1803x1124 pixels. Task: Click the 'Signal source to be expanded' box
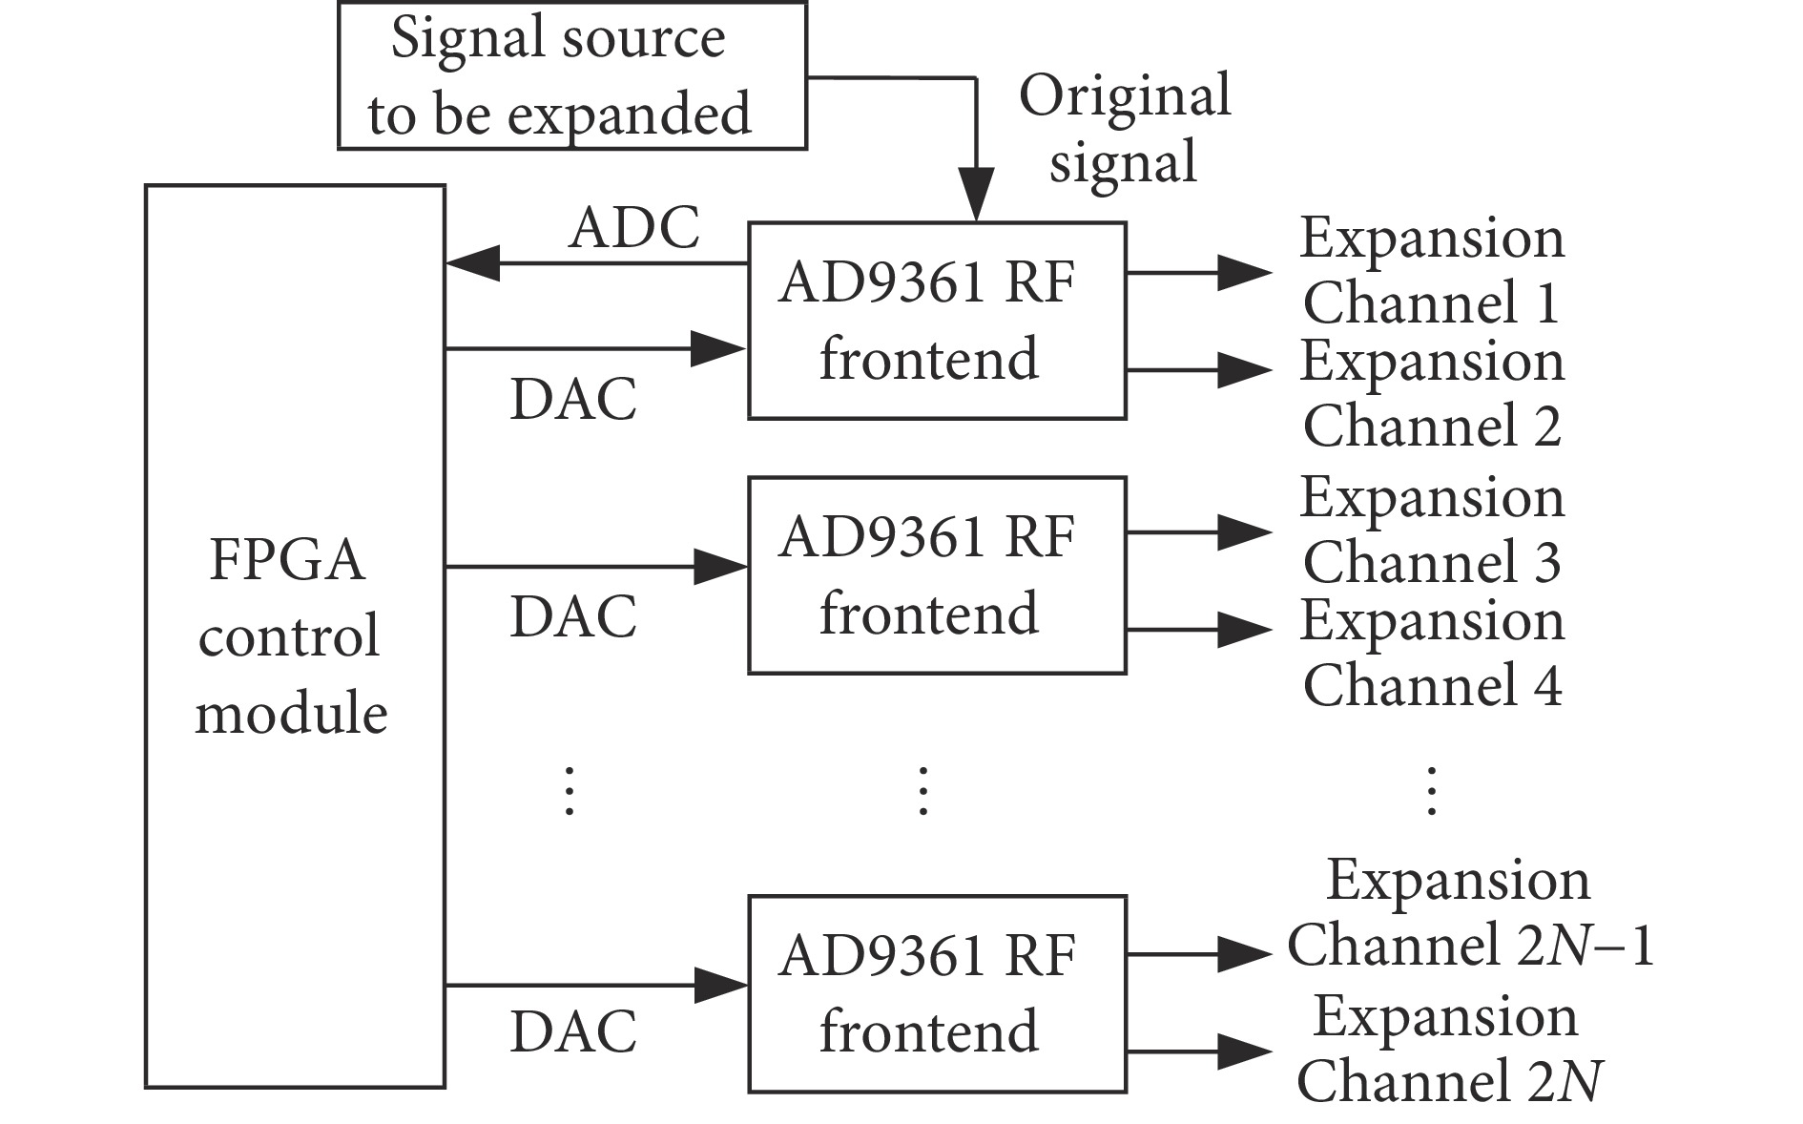pyautogui.click(x=572, y=76)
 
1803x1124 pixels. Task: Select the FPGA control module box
pyautogui.click(x=295, y=635)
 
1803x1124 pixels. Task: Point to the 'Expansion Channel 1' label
pyautogui.click(x=1431, y=270)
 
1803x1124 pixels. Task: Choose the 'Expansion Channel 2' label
pyautogui.click(x=1431, y=393)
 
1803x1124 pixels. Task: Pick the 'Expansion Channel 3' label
pyautogui.click(x=1431, y=530)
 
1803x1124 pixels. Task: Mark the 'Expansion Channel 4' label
pyautogui.click(x=1431, y=653)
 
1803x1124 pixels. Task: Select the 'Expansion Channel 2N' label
pyautogui.click(x=1447, y=1049)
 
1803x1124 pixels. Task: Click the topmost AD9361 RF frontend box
pyautogui.click(x=937, y=321)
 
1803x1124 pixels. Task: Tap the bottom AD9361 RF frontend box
pyautogui.click(x=937, y=993)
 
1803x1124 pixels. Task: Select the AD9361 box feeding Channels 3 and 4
pyautogui.click(x=937, y=575)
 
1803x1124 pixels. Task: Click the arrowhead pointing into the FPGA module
pyautogui.click(x=472, y=262)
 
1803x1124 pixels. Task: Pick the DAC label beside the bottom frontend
pyautogui.click(x=573, y=1032)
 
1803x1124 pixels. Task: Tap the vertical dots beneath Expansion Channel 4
pyautogui.click(x=1431, y=790)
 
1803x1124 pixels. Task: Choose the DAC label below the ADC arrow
pyautogui.click(x=573, y=399)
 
